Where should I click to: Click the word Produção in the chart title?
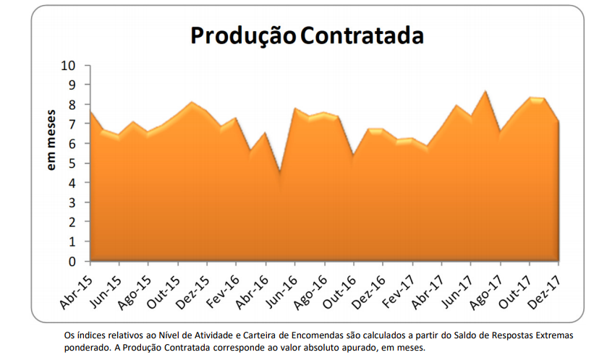(242, 35)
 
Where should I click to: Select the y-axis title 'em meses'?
(52, 140)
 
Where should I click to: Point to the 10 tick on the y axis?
(69, 66)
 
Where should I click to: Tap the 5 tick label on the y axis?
(73, 163)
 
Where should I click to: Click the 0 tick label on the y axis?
(73, 261)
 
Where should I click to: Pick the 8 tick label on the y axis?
(73, 105)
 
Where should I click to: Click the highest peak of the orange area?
(485, 91)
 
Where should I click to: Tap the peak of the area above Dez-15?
(192, 102)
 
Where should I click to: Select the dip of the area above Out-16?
(353, 155)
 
